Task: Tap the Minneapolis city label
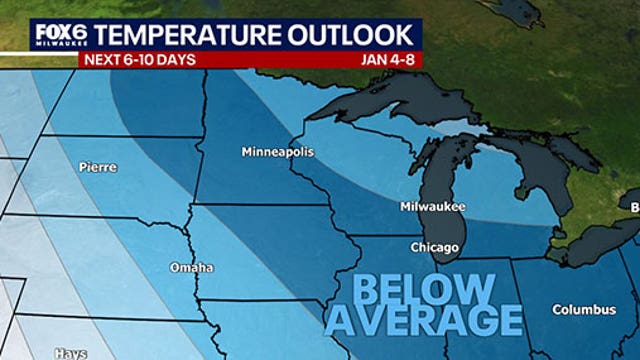pos(277,153)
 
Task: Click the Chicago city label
pos(434,247)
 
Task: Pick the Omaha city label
pos(191,268)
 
